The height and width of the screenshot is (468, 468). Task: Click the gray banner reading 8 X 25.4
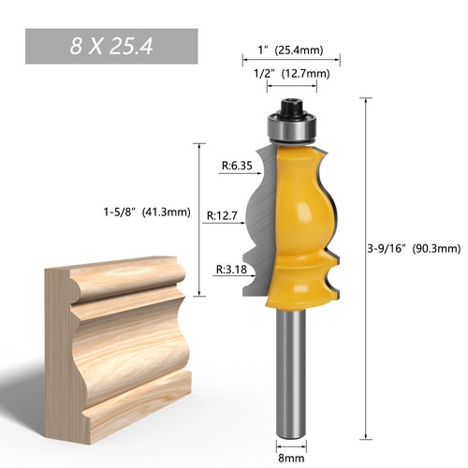point(111,45)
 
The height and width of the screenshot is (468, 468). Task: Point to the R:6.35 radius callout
point(238,168)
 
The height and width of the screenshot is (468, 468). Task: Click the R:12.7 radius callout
point(223,216)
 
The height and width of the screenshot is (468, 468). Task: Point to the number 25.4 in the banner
point(137,45)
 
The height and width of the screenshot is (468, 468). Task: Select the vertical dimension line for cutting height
point(198,220)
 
